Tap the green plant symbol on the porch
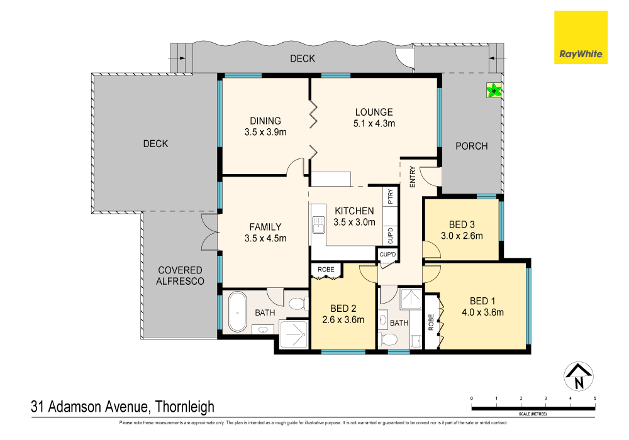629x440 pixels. point(494,91)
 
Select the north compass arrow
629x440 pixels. point(579,377)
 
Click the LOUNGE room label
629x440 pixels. point(373,113)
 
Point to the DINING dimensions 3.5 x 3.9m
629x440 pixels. point(265,132)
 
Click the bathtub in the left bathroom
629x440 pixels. point(237,312)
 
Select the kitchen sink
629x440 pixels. point(319,223)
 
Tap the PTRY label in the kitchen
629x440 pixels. point(391,197)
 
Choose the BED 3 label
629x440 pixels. point(462,225)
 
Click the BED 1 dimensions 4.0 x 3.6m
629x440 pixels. point(482,311)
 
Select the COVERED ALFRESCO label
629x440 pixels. point(181,276)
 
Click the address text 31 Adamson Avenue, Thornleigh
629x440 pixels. point(123,407)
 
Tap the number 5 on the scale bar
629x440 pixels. point(595,398)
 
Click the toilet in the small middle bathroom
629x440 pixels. point(389,340)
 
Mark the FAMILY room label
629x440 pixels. point(265,227)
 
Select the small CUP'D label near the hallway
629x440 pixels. point(387,255)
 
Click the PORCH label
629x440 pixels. point(471,146)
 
